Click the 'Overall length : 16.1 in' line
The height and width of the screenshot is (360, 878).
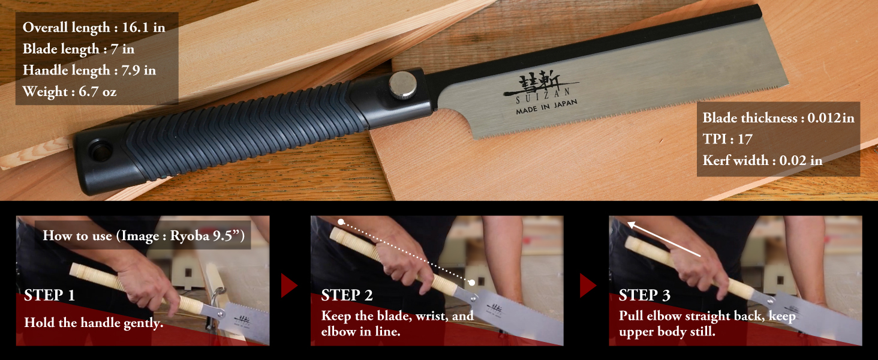[x=94, y=28]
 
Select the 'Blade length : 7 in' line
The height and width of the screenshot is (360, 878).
[x=78, y=49]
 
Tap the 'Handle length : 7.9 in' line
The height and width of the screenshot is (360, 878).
[x=89, y=70]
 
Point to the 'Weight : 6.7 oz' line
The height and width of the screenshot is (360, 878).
[x=70, y=92]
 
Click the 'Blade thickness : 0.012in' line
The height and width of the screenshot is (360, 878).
[x=778, y=118]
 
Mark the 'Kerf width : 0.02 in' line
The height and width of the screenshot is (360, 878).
[x=762, y=160]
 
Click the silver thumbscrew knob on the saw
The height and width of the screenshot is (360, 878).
[x=402, y=85]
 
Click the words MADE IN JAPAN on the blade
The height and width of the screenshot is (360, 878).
[x=546, y=107]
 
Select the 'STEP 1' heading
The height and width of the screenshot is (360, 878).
[x=50, y=295]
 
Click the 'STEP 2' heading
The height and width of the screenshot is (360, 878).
[x=347, y=295]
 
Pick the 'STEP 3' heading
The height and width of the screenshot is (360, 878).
[x=644, y=295]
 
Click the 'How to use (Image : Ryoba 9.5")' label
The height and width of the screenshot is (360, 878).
[x=143, y=236]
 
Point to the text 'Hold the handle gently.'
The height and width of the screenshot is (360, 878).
[x=94, y=323]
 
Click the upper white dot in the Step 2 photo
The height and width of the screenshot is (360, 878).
[x=341, y=222]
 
